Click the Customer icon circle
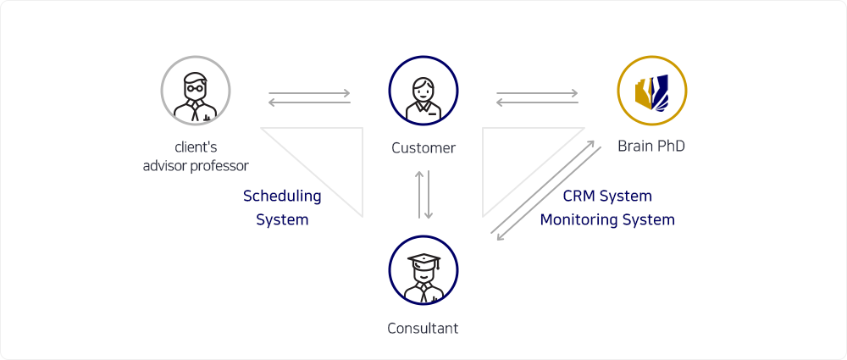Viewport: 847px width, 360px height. coord(423,91)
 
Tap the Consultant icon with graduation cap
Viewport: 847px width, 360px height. coord(423,269)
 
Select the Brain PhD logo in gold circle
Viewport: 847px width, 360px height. coord(652,91)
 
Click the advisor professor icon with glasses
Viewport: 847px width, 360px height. coord(196,91)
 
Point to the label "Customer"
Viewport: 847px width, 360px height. coord(423,147)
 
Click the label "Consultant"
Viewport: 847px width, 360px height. coord(423,328)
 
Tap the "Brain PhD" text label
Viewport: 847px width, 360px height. coord(651,146)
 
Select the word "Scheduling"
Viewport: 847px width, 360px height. coord(282,197)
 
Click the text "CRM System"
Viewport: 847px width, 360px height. coord(607,196)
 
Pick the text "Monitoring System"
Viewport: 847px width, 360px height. coord(607,220)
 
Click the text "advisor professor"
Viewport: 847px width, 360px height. coord(196,165)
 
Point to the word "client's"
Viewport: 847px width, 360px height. coord(196,147)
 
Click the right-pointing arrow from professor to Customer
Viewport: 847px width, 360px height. coord(309,93)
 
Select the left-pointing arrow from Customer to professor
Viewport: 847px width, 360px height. coord(309,102)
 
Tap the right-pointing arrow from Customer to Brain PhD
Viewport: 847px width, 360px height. coord(538,93)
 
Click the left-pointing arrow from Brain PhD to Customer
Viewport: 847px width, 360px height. coord(538,102)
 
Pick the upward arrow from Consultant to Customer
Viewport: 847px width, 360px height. coord(419,195)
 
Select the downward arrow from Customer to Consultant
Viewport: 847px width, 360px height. coord(428,195)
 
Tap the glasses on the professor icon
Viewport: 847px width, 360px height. coord(195,87)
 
